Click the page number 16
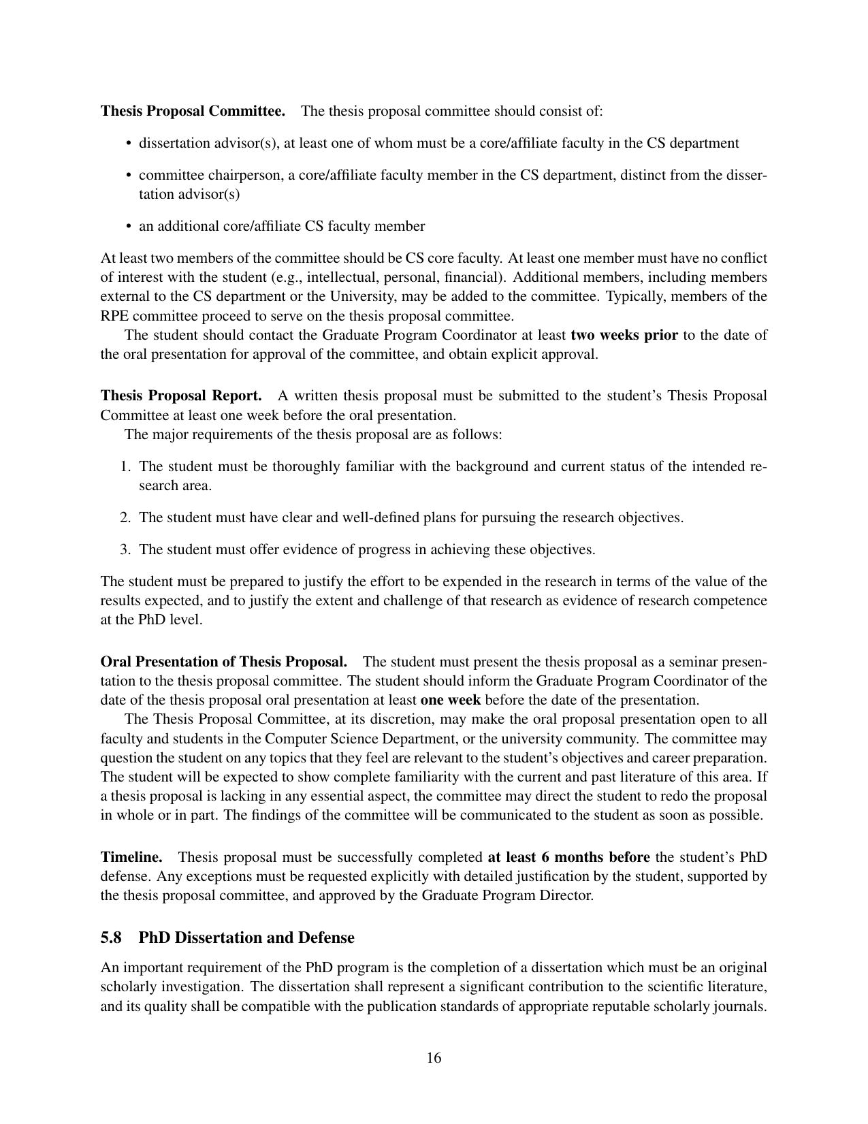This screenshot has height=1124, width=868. (434, 1058)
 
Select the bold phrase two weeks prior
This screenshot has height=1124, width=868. (624, 335)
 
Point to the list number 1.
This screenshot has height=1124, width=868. (125, 466)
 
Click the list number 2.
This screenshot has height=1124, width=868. (125, 517)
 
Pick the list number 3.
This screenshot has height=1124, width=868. (125, 549)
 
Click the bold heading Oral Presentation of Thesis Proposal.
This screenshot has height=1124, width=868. (224, 662)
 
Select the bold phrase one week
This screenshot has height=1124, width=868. (451, 700)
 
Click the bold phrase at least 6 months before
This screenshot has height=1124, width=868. (569, 856)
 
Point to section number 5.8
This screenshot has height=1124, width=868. (112, 937)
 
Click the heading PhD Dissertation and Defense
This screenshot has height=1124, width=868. (246, 937)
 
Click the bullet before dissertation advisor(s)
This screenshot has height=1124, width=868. (129, 144)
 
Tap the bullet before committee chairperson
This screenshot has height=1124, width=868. (129, 176)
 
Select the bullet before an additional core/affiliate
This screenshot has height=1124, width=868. (129, 227)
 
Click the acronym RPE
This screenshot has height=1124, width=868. (113, 316)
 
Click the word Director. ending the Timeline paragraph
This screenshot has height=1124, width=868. (570, 895)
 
